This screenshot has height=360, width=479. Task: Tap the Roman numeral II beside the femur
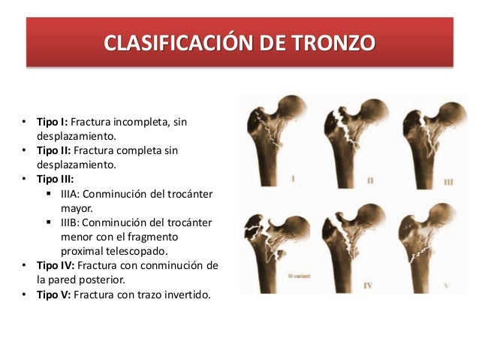pos(371,181)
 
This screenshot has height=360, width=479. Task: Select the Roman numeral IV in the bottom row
pos(368,286)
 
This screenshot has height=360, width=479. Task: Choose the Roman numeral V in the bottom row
pos(446,285)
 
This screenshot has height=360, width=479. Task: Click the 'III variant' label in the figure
pos(280,276)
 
